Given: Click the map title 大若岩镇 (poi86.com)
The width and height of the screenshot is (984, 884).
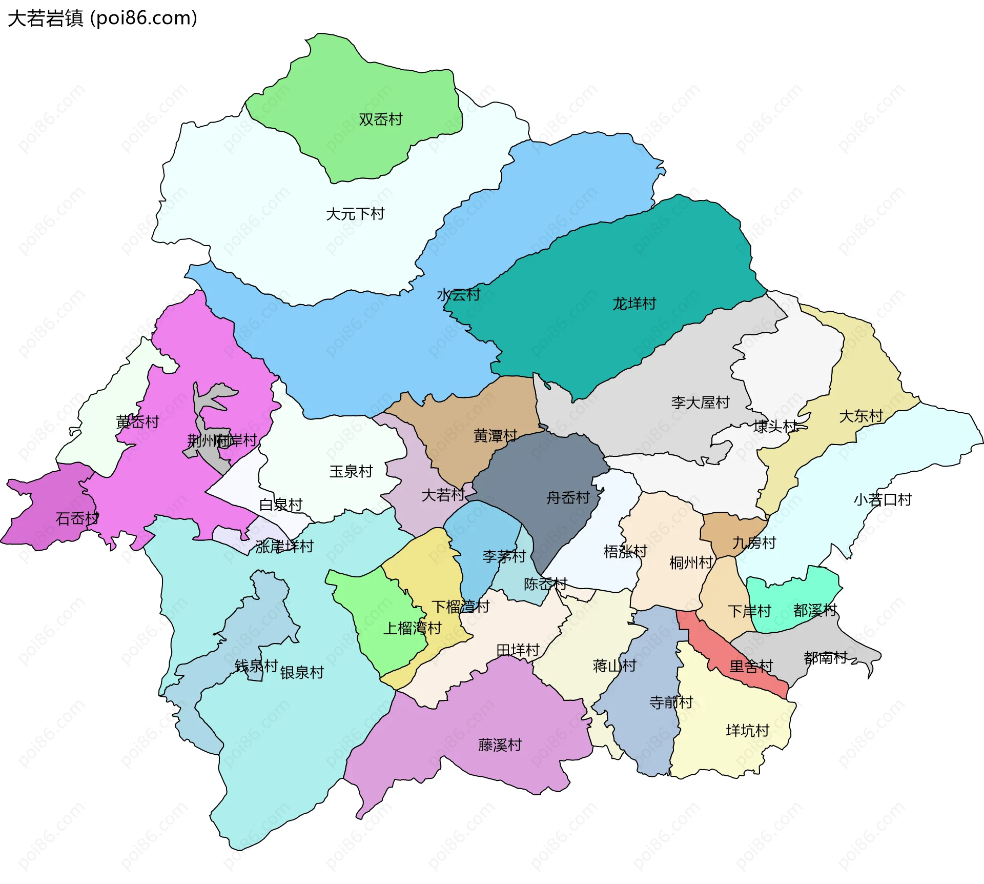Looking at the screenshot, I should tap(102, 18).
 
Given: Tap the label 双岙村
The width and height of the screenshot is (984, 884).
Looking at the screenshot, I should tap(380, 119).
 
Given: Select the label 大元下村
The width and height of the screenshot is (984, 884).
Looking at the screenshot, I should tap(355, 214).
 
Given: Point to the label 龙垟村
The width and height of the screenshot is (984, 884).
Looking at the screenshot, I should tap(634, 304).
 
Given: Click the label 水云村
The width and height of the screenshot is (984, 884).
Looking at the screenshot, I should tap(458, 294).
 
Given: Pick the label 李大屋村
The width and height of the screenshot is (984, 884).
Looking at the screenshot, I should tap(700, 402).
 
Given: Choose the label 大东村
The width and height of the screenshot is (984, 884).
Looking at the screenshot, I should tap(860, 416).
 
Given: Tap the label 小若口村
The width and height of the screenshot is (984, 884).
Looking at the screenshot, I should tap(883, 499).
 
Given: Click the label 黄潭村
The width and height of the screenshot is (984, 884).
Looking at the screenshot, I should tap(495, 436).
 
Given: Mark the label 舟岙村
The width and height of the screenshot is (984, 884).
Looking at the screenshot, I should tap(568, 497).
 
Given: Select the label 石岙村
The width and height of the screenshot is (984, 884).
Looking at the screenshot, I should tap(77, 518).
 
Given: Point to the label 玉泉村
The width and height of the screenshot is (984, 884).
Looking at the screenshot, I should tap(351, 471).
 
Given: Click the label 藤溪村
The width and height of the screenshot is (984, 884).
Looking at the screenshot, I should tap(500, 745).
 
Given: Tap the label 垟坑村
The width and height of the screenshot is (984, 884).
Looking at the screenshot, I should tap(747, 730).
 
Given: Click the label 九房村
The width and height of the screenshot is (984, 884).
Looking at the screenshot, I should tap(754, 542).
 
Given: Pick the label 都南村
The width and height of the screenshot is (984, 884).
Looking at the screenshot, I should tap(825, 657).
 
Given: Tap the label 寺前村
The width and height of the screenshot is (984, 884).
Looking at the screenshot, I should tap(671, 702).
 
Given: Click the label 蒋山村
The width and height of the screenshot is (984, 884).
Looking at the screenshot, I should tap(614, 666).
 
